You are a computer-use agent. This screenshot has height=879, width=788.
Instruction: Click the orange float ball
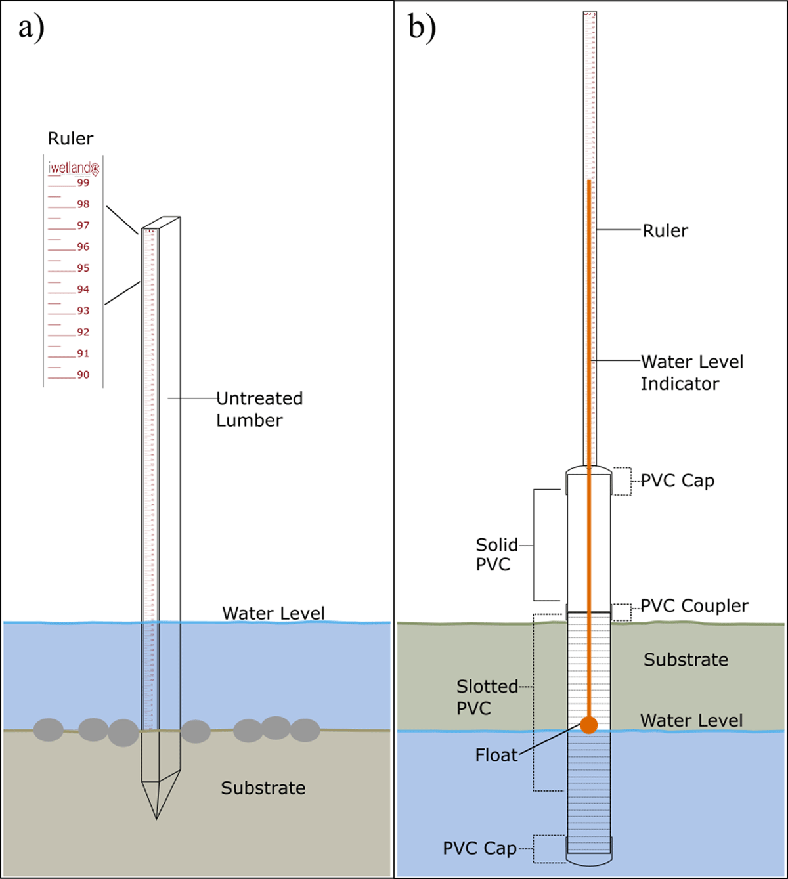click(x=589, y=725)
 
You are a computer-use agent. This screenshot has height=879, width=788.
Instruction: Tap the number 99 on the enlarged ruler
click(x=83, y=183)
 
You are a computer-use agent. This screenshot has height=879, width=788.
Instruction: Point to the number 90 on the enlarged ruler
click(x=83, y=375)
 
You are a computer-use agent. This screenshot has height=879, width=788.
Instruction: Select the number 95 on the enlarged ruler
click(x=83, y=268)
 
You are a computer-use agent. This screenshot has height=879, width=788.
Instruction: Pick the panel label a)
click(x=31, y=28)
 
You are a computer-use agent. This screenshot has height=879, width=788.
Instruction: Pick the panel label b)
click(x=422, y=28)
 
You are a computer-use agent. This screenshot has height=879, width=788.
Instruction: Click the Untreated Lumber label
click(x=259, y=409)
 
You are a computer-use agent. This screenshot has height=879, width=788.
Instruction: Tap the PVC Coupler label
click(x=694, y=606)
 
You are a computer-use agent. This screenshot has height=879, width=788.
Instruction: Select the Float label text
click(x=496, y=756)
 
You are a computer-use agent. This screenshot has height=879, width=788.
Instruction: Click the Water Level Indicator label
click(x=691, y=372)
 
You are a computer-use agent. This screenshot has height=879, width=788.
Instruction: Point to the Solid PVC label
click(x=496, y=555)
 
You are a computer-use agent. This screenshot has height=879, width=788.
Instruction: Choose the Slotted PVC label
click(x=487, y=697)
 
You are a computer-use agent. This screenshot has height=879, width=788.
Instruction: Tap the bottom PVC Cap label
click(x=479, y=848)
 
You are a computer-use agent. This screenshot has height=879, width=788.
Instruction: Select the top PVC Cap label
click(x=677, y=481)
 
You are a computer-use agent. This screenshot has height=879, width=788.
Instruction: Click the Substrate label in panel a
click(x=263, y=788)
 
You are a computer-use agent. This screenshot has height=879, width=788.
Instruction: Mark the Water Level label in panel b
click(x=691, y=720)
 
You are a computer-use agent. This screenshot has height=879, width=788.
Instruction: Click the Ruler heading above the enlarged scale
click(x=70, y=139)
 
